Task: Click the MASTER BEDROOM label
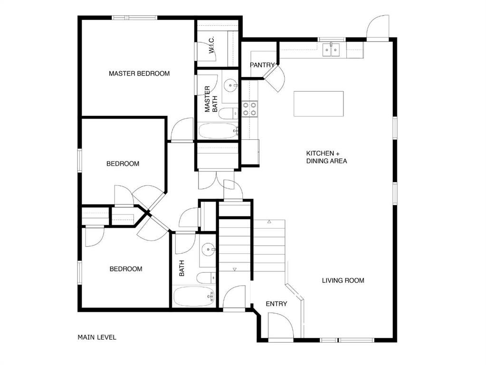139,74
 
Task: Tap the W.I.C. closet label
212,45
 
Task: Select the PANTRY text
262,65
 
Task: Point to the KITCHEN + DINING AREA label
326,157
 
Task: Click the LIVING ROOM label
343,280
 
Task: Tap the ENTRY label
276,304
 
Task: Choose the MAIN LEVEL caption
97,337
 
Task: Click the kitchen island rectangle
319,104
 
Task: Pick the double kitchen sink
331,50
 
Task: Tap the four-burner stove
249,109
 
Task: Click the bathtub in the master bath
218,131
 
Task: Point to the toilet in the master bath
229,114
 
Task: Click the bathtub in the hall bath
194,296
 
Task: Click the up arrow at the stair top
269,221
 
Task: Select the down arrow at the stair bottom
235,269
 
